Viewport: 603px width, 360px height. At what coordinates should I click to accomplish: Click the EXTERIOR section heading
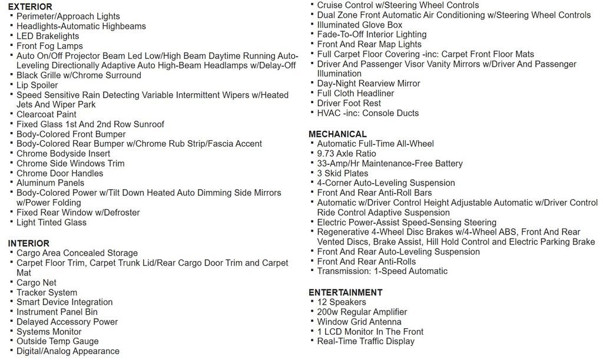tap(30, 6)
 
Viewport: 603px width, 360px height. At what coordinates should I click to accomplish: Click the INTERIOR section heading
tap(28, 243)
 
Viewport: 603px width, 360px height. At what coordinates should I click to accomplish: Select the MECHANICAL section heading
tap(337, 134)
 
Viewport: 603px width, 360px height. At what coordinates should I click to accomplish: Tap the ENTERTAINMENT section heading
tap(345, 292)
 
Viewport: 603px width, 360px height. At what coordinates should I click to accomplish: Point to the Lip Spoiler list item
tap(37, 85)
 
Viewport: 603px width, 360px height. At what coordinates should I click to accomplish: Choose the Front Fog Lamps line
tap(49, 46)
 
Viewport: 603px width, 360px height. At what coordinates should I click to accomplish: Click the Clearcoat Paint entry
tap(47, 114)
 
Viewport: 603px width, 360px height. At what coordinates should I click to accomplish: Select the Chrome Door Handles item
tap(59, 173)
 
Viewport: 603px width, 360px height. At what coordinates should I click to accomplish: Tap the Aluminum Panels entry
tap(50, 183)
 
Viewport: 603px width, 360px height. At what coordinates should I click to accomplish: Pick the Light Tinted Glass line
tap(51, 222)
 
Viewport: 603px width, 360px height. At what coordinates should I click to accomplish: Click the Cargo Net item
tap(37, 283)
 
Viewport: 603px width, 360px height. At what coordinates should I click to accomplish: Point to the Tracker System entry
tap(47, 293)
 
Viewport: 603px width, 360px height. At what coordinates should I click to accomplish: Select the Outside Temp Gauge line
tap(58, 341)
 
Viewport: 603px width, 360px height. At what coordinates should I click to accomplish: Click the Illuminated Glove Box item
tap(359, 25)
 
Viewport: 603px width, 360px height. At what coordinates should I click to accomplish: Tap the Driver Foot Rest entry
tap(349, 103)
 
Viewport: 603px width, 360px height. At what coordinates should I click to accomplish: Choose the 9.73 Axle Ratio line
tap(346, 154)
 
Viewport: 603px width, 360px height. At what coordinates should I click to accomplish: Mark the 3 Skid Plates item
tap(342, 173)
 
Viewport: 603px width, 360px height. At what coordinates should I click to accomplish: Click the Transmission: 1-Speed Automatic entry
tap(382, 271)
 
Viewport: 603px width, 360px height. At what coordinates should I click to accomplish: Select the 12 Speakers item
tap(342, 302)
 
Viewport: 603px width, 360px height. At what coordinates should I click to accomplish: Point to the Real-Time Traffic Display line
tap(366, 341)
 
